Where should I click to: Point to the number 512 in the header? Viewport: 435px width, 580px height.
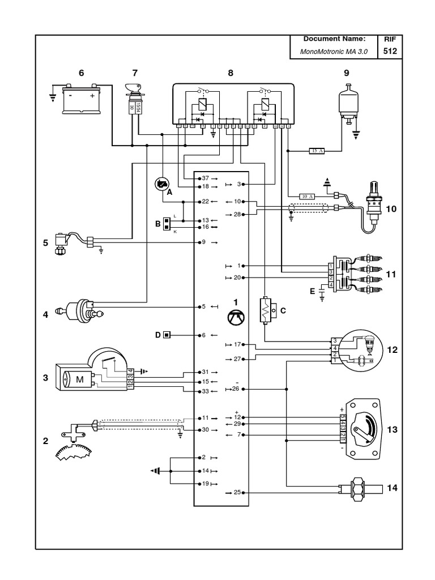[x=390, y=51]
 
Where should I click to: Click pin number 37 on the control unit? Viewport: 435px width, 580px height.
[x=205, y=178]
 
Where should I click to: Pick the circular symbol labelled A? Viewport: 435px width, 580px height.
[x=161, y=184]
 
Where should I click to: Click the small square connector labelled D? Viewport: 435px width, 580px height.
[x=167, y=335]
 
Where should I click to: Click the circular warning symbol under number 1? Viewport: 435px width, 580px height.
[x=237, y=319]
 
